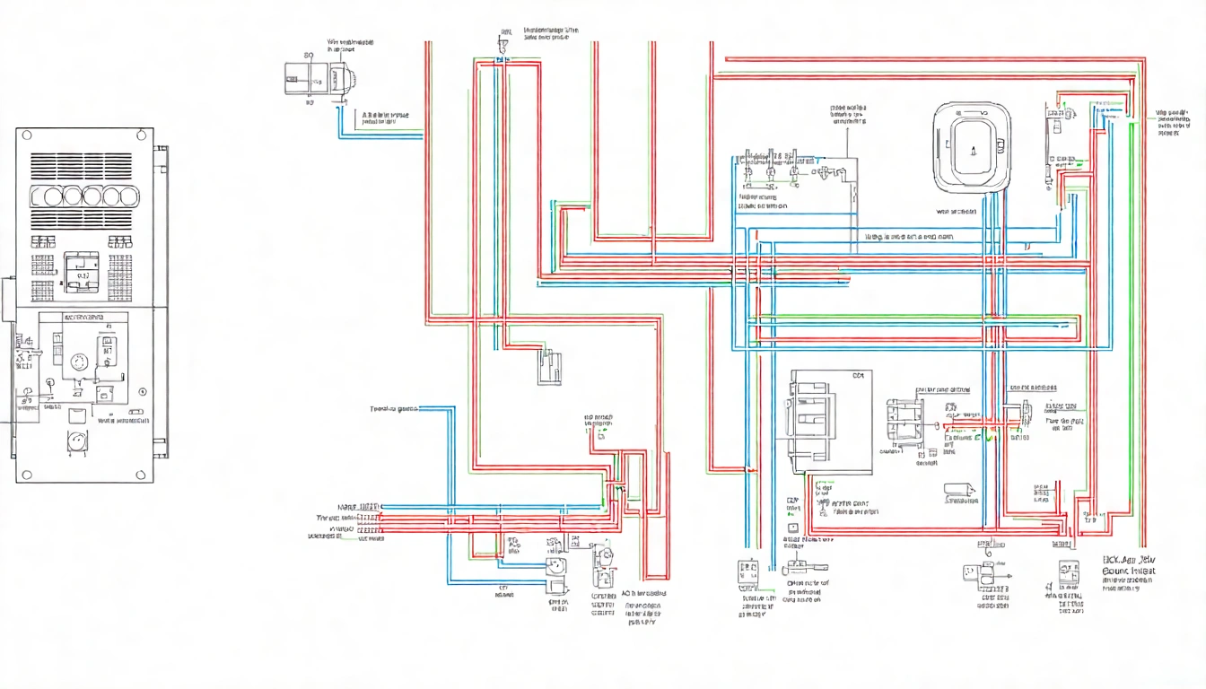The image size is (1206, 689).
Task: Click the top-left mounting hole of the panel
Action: [26, 135]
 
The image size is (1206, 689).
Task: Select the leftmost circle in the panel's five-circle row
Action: [41, 196]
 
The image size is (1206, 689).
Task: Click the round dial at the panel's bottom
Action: [76, 441]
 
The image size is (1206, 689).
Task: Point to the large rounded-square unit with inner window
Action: [972, 146]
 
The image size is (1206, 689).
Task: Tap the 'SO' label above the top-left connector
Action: [310, 55]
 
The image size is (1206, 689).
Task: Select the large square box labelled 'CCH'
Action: [829, 421]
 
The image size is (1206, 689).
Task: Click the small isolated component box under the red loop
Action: [549, 368]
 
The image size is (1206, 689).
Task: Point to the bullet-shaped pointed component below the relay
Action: [957, 490]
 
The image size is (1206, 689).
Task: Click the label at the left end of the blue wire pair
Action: [395, 409]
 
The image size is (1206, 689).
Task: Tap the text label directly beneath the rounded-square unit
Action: [956, 213]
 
